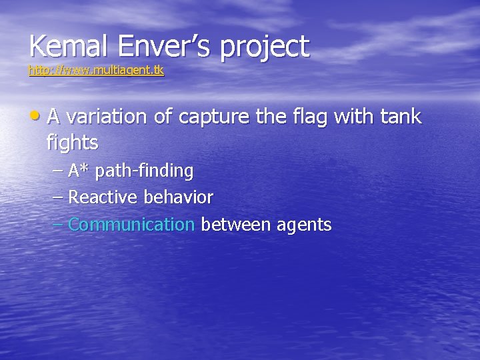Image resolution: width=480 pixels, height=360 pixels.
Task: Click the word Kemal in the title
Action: pyautogui.click(x=61, y=47)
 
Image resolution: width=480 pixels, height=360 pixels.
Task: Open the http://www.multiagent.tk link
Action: pyautogui.click(x=96, y=69)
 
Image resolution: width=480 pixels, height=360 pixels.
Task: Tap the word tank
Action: pyautogui.click(x=401, y=117)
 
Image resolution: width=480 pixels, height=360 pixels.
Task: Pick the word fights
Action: pyautogui.click(x=73, y=143)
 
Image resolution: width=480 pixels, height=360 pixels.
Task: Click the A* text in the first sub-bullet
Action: pyautogui.click(x=79, y=171)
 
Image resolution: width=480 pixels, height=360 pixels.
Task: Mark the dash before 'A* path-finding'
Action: pyautogui.click(x=58, y=171)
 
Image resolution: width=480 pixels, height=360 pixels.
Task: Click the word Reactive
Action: pyautogui.click(x=101, y=198)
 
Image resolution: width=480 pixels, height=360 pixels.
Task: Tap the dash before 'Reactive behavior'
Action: pyautogui.click(x=58, y=198)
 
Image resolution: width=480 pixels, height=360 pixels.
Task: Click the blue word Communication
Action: pyautogui.click(x=131, y=225)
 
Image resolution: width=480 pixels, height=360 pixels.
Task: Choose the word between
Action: pyautogui.click(x=231, y=225)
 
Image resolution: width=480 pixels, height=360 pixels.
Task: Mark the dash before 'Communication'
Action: pyautogui.click(x=58, y=225)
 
